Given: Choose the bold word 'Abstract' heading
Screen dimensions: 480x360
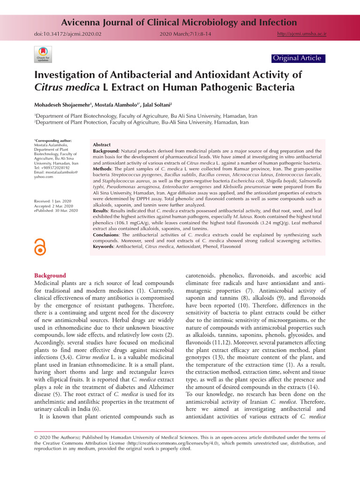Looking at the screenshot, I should tap(102, 145).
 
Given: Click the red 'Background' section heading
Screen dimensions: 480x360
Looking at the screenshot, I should tap(50, 276).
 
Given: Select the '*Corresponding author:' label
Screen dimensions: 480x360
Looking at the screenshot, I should tap(53, 141).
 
